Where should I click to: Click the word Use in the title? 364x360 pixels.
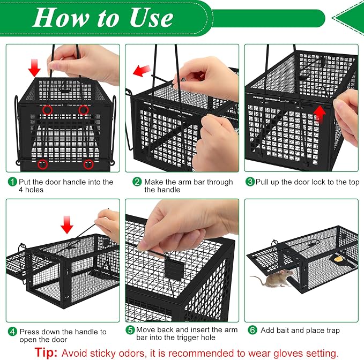[151, 18]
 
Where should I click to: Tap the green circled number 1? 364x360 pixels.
[12, 182]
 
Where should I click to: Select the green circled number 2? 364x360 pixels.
[137, 182]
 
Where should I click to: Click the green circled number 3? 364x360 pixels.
[250, 182]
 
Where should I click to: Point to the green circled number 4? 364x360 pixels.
[12, 332]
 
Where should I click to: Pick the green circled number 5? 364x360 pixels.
[130, 330]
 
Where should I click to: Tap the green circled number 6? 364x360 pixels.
[252, 330]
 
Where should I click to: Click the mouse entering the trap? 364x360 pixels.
[272, 278]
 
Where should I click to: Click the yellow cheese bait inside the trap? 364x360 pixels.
[339, 259]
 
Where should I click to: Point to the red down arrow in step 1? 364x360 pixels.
[34, 67]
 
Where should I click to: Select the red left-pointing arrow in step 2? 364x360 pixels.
[142, 70]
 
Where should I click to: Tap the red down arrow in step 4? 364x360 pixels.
[67, 224]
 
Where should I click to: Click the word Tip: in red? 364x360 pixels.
[46, 352]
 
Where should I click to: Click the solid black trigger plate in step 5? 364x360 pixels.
[173, 268]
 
